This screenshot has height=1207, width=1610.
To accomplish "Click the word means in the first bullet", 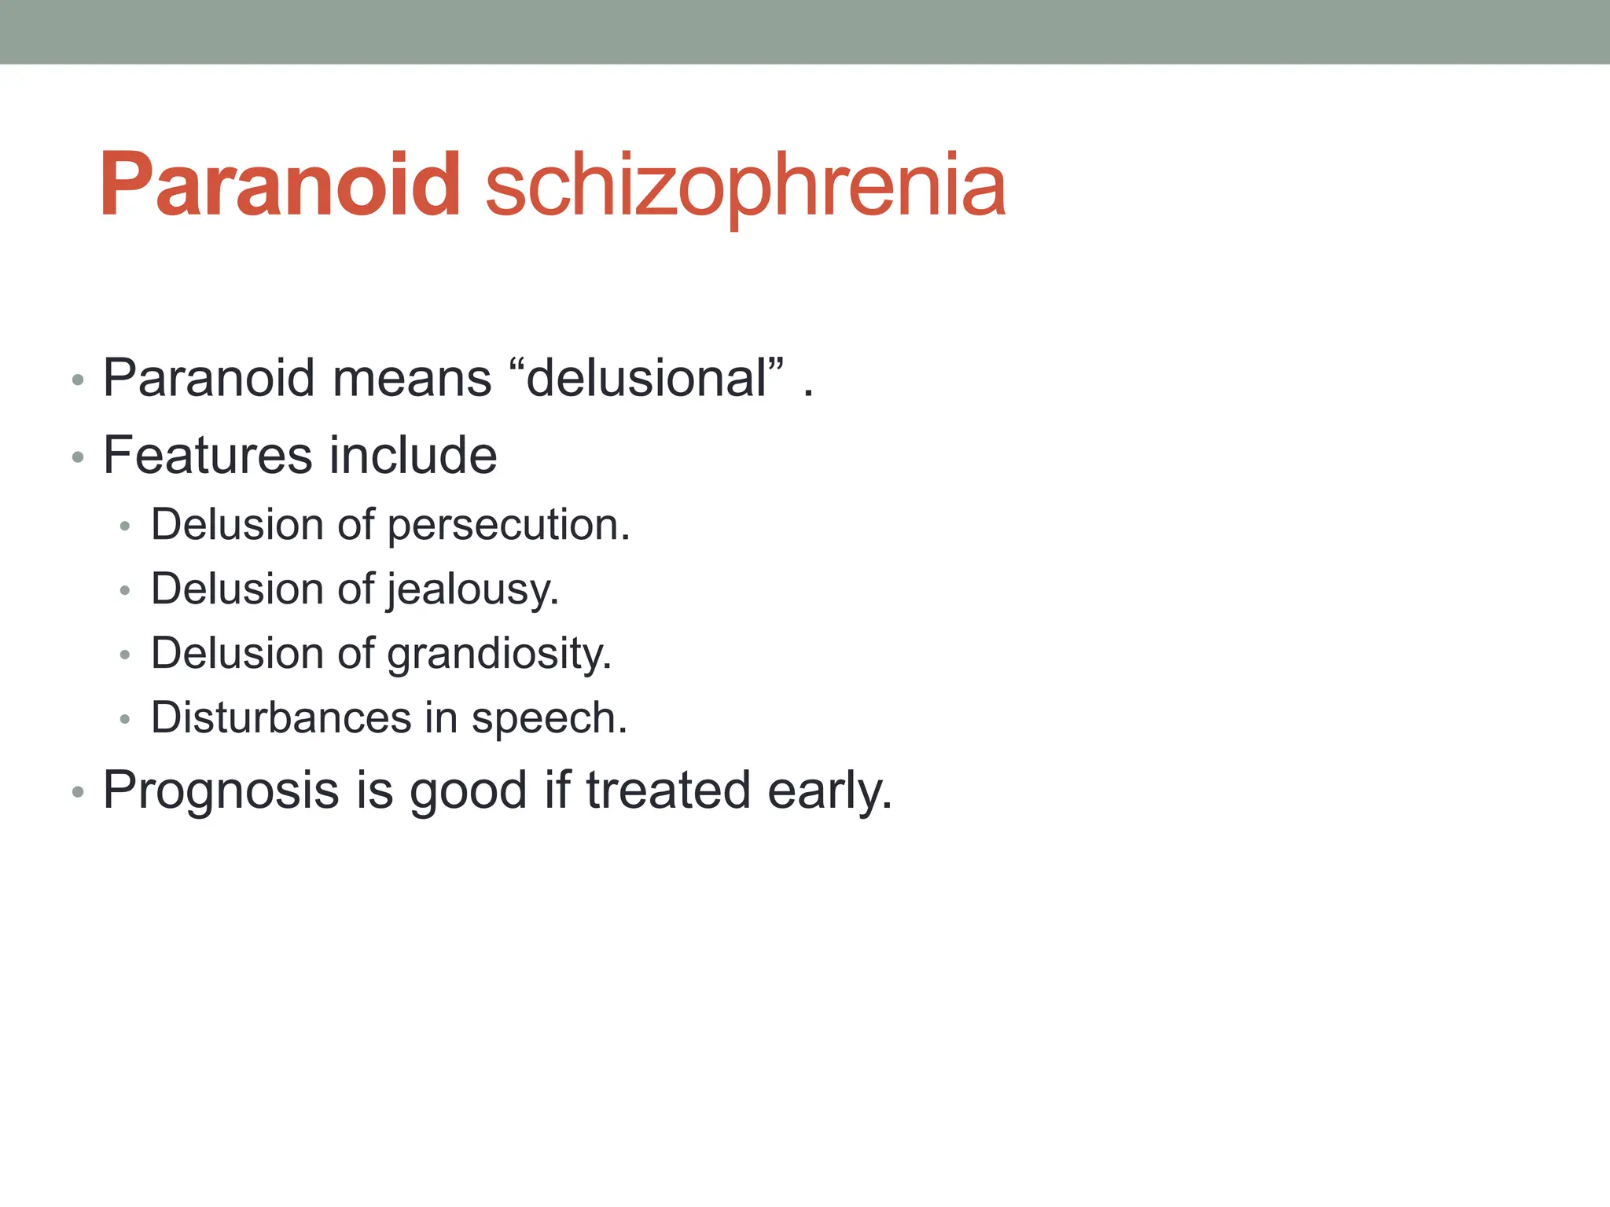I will [x=412, y=378].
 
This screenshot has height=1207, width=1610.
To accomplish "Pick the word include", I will [x=413, y=455].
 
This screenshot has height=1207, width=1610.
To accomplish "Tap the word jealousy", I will [x=472, y=589].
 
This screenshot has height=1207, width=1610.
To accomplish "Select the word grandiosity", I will [x=498, y=654].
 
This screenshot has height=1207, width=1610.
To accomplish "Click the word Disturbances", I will [x=281, y=717].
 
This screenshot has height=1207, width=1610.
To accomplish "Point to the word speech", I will [x=549, y=718].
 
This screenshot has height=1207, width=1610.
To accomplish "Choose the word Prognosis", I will [x=221, y=790].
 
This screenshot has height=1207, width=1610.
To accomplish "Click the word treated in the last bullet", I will [x=668, y=790].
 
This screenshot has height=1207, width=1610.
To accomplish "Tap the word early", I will [x=829, y=791].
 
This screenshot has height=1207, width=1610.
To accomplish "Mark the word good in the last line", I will [x=468, y=791].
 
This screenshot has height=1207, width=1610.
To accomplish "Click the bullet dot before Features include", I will [x=77, y=457].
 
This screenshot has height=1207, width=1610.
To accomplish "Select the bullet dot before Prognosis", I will [x=77, y=792].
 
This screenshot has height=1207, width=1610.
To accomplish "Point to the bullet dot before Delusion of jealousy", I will [x=124, y=591].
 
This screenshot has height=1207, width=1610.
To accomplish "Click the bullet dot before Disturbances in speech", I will [x=124, y=720].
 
